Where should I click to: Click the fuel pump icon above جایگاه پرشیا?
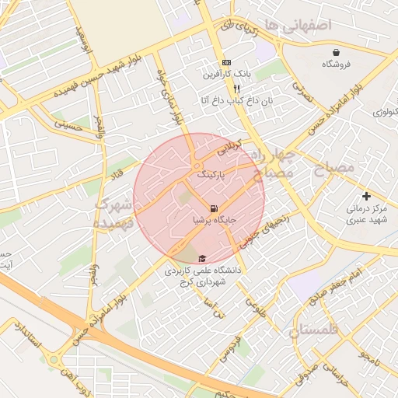click(213, 208)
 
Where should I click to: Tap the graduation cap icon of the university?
click(202, 258)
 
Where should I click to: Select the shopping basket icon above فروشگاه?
click(334, 52)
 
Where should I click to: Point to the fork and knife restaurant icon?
click(225, 89)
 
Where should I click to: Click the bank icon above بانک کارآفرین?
click(225, 62)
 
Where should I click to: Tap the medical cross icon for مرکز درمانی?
click(367, 196)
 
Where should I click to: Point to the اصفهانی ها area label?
click(297, 26)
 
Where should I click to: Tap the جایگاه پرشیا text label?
click(214, 221)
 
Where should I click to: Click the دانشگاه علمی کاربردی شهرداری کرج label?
click(203, 276)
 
